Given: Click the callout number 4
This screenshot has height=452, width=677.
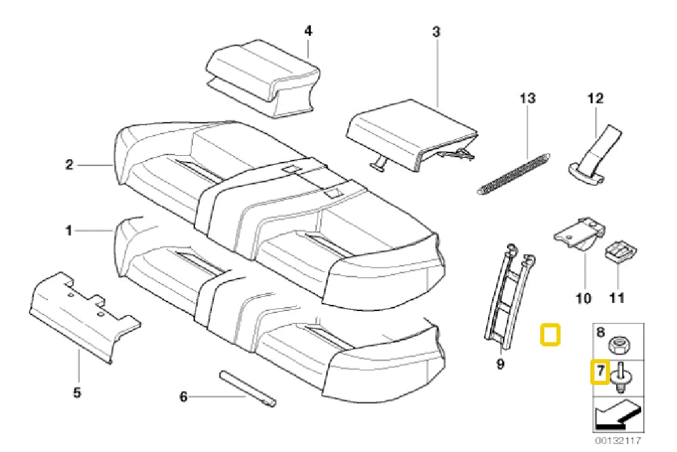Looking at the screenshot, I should click(307, 31).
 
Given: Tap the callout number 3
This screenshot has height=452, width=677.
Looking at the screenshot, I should click(436, 31).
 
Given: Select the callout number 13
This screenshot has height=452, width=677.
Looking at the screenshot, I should click(527, 98).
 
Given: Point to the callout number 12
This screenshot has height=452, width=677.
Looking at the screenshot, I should click(594, 98).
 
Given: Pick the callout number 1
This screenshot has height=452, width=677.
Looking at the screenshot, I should click(68, 231).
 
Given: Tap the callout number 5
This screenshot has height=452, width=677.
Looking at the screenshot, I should click(77, 392).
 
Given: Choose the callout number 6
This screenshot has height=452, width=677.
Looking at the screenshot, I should click(183, 397).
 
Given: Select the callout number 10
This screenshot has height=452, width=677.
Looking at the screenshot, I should click(583, 297).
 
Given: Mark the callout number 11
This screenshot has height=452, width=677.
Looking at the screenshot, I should click(617, 297).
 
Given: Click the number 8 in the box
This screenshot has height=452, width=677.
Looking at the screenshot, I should click(600, 333).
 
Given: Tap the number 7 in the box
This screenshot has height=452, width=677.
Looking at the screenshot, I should click(599, 372).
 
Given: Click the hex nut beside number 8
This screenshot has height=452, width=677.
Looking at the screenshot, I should click(618, 346).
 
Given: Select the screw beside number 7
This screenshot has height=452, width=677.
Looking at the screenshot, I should click(621, 375).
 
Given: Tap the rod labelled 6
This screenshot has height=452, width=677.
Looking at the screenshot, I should click(246, 389).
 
